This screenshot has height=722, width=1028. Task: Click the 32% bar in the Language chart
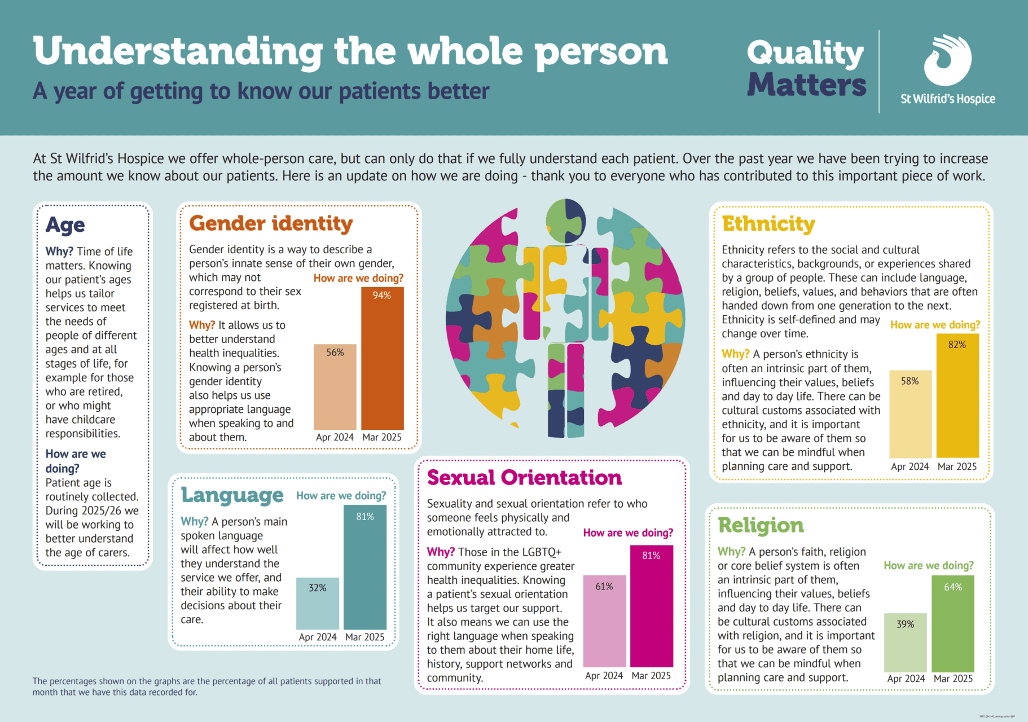[317, 603]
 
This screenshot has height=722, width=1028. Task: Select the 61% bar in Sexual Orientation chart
[604, 621]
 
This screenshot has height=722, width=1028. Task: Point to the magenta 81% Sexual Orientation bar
[651, 606]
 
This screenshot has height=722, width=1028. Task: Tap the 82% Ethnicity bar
[957, 395]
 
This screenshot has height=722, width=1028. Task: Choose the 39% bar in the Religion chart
[905, 642]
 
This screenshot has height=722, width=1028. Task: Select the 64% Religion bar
[952, 623]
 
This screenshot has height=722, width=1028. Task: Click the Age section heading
[65, 225]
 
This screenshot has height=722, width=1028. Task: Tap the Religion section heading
[761, 526]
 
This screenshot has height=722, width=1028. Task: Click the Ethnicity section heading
[768, 224]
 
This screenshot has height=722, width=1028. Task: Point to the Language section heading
[232, 495]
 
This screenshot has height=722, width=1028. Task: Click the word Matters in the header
[806, 85]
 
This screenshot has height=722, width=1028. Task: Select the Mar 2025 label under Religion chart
[953, 679]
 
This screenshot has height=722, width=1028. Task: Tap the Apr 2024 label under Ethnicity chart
[910, 466]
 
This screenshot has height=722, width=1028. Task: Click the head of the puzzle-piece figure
[565, 221]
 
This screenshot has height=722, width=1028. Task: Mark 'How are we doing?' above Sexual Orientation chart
[628, 533]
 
